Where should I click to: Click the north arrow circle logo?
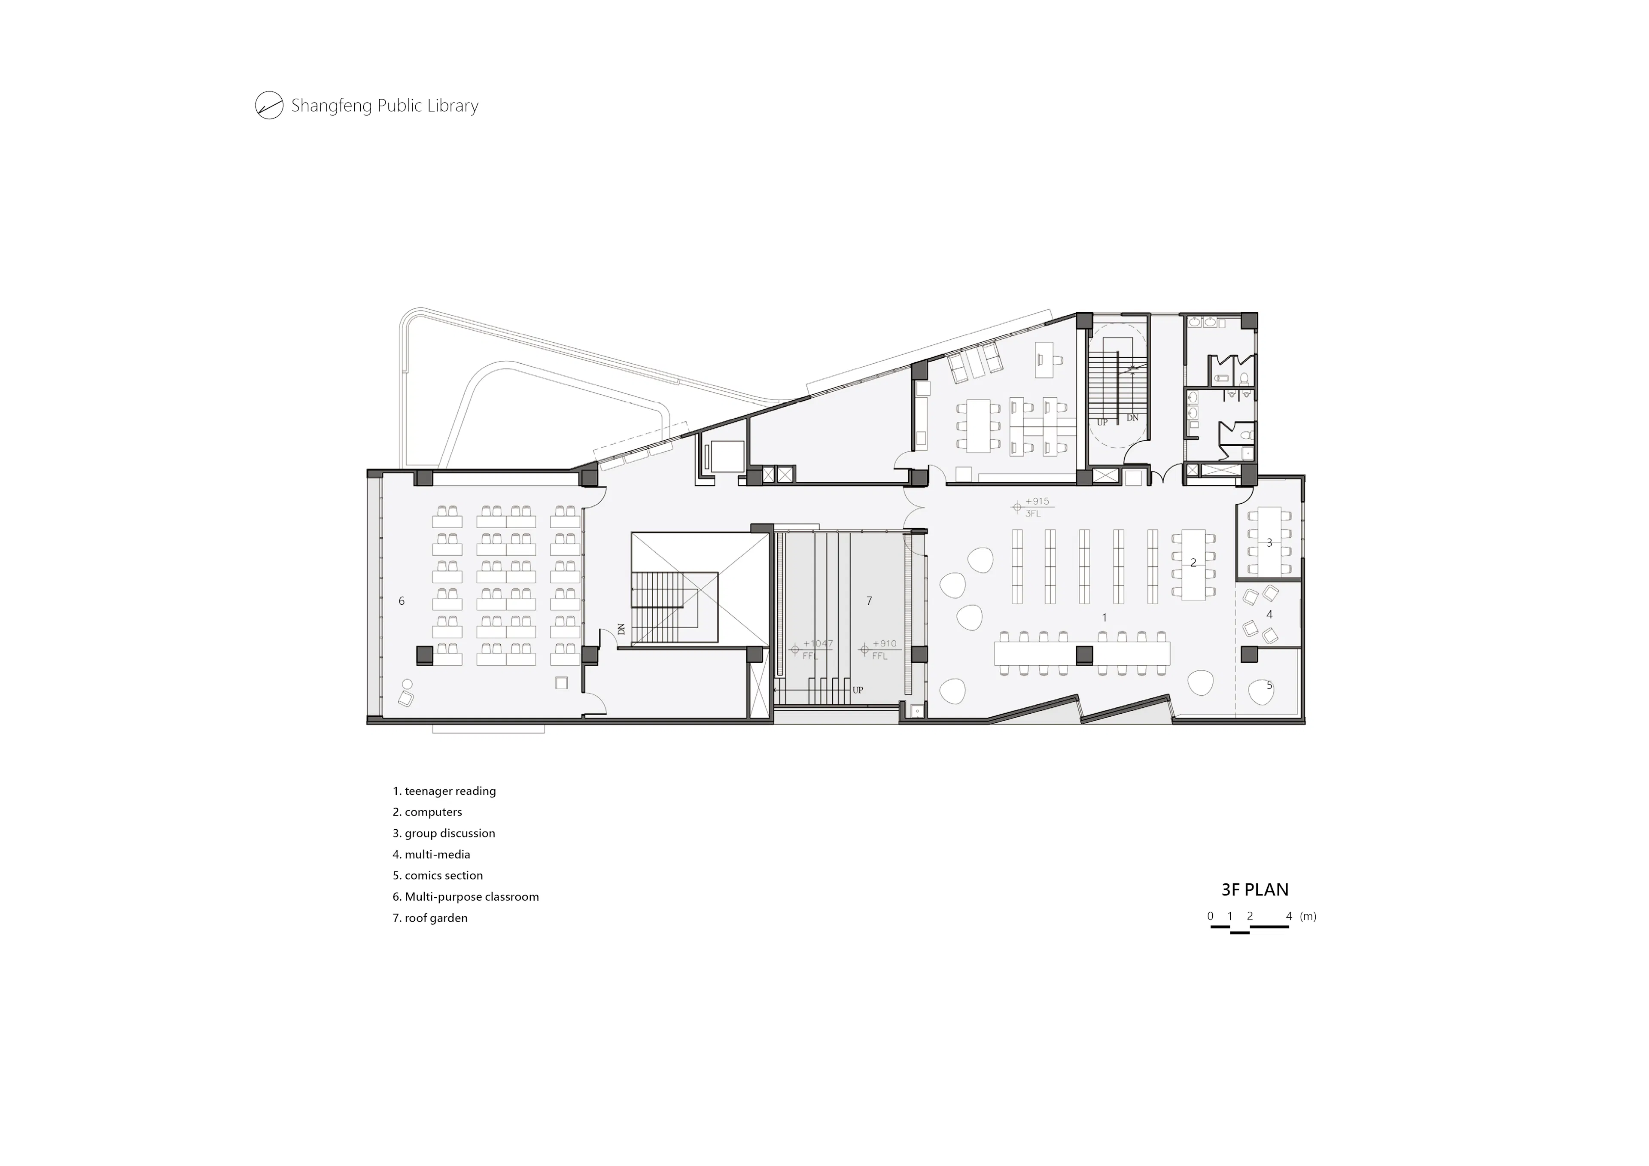coord(269,106)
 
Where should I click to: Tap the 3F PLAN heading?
coord(1255,889)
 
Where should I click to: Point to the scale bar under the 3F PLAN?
coord(1250,928)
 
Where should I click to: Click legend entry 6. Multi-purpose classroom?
coord(465,897)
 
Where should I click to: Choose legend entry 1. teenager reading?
coord(444,791)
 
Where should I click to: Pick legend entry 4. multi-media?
coord(431,854)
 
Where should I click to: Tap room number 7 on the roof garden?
coord(869,600)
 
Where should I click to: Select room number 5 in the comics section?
coord(1269,685)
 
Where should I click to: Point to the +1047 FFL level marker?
coord(812,649)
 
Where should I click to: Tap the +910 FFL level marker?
coord(880,649)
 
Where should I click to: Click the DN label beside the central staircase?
coord(621,629)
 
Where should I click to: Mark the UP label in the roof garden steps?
coord(858,690)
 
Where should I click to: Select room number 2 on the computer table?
coord(1194,563)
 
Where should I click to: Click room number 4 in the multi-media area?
coord(1269,614)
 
